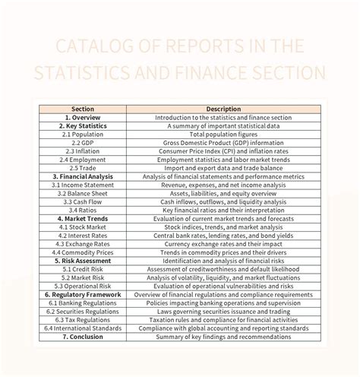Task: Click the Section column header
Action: coord(82,109)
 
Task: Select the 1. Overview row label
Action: coord(82,118)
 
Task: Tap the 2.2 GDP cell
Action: coord(82,142)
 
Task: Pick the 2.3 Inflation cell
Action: coord(82,151)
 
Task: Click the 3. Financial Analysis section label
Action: coord(82,176)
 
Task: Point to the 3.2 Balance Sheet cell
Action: coord(82,193)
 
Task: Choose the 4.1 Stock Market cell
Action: coord(82,227)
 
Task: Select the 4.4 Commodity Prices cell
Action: coord(82,252)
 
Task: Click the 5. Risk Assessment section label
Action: coord(82,261)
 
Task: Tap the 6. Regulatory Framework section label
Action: coord(82,294)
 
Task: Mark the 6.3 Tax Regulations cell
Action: coord(82,319)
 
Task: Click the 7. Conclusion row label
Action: coord(82,337)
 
